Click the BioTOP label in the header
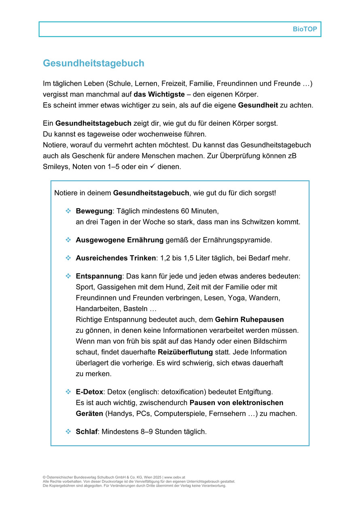[x=305, y=29]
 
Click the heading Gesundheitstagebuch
[x=93, y=63]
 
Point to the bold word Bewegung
[x=94, y=211]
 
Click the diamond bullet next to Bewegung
[x=68, y=211]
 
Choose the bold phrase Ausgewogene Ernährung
[x=120, y=240]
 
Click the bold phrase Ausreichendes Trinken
[x=116, y=258]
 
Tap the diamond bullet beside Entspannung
[x=68, y=276]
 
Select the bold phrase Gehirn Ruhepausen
[x=249, y=319]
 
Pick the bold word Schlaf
[x=87, y=432]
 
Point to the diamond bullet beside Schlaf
[x=68, y=432]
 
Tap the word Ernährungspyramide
[x=237, y=240]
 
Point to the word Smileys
[x=56, y=167]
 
